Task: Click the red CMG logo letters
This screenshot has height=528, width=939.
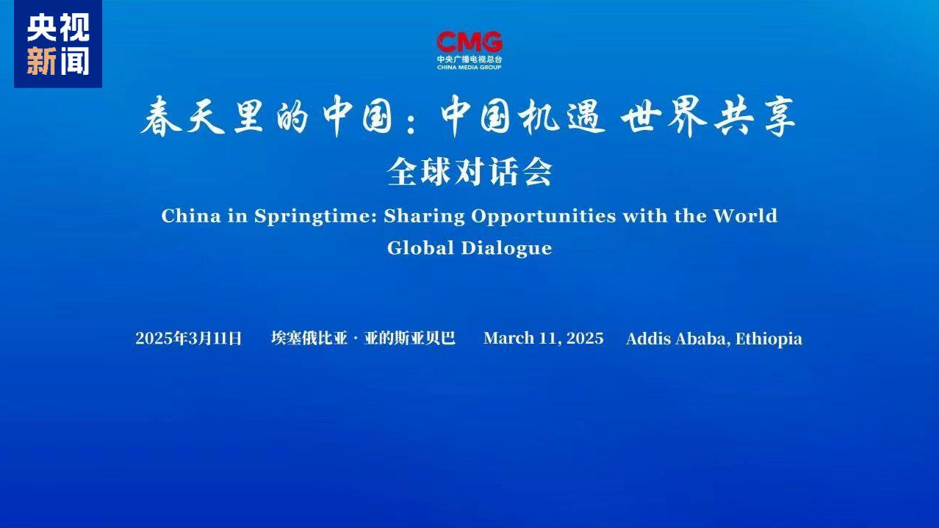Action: [469, 42]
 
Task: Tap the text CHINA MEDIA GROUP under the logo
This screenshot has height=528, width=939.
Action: [469, 67]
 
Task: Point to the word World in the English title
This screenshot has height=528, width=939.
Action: [745, 216]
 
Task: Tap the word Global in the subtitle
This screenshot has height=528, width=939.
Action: [420, 247]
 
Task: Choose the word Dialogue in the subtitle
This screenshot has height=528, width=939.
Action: [507, 249]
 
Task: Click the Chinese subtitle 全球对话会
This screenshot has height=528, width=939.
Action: [469, 172]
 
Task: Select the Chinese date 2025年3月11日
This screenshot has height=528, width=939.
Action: [189, 339]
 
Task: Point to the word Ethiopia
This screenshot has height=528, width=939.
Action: [769, 339]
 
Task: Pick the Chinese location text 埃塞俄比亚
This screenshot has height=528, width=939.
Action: [309, 339]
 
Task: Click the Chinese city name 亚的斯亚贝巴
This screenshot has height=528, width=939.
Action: [409, 339]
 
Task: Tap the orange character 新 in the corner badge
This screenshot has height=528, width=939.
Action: [41, 61]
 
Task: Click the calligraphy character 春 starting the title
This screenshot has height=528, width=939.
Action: [161, 117]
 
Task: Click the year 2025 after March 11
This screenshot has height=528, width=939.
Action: [585, 339]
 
